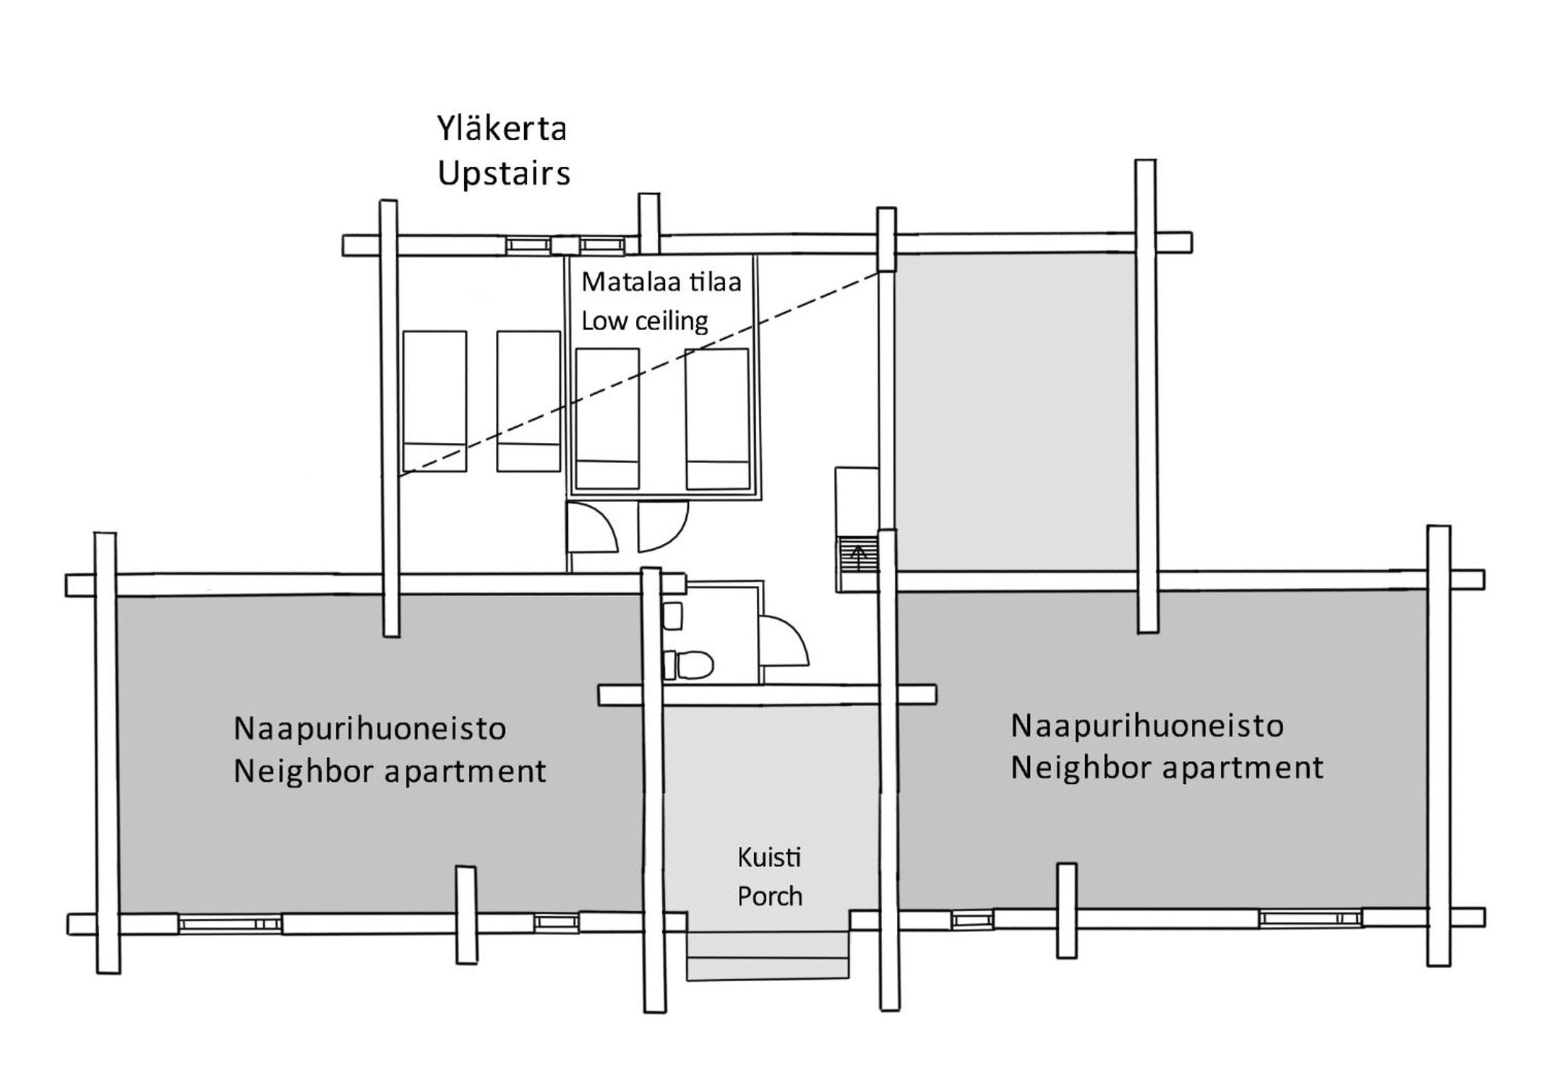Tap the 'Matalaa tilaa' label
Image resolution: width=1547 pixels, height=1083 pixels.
(661, 282)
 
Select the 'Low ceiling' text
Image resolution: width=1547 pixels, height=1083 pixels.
(644, 321)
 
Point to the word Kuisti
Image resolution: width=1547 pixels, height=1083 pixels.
(769, 858)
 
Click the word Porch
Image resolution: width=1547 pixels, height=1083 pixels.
(770, 897)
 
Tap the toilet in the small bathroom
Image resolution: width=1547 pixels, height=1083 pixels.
(688, 665)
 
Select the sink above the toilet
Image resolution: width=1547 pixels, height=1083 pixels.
(672, 616)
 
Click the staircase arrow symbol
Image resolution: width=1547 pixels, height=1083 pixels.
(859, 558)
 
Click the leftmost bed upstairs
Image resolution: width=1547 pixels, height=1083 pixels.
(434, 401)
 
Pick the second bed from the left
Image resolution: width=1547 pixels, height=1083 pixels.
(528, 401)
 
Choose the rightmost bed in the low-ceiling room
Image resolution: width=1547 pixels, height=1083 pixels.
(717, 419)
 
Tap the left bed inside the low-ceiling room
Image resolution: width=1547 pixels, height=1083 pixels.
(607, 419)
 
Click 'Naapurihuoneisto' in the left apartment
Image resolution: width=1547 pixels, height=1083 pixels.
(369, 728)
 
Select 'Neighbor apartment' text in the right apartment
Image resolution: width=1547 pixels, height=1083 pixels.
(1167, 768)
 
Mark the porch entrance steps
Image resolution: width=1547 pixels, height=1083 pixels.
(767, 956)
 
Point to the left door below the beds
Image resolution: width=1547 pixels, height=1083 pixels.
(593, 528)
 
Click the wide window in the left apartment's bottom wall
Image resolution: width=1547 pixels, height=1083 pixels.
(230, 924)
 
